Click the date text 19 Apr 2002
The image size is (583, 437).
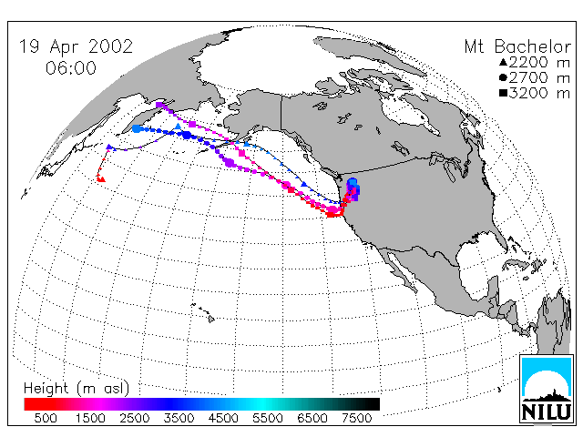(x=76, y=46)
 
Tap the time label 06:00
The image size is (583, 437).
(x=71, y=68)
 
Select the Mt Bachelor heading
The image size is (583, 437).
(x=517, y=46)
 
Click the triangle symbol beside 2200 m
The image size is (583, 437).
(x=503, y=62)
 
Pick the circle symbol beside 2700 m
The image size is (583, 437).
(x=503, y=77)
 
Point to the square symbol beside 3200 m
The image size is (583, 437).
(x=503, y=93)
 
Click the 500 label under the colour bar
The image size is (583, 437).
(x=46, y=418)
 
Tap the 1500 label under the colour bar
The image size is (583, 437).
(x=90, y=418)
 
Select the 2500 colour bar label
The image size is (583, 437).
(x=135, y=418)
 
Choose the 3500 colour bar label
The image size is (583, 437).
(x=179, y=418)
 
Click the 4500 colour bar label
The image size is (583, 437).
(x=223, y=418)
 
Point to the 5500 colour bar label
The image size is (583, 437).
(x=268, y=418)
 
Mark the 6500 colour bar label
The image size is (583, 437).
(x=312, y=418)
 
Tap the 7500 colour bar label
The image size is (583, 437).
(x=356, y=418)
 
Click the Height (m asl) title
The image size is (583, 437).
(x=77, y=389)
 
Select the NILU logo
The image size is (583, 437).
(x=547, y=389)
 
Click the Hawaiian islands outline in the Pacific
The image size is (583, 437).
(x=203, y=312)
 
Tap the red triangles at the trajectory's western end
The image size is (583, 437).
(x=100, y=178)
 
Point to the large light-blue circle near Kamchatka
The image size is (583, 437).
(x=137, y=128)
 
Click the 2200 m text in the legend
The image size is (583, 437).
(x=539, y=62)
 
